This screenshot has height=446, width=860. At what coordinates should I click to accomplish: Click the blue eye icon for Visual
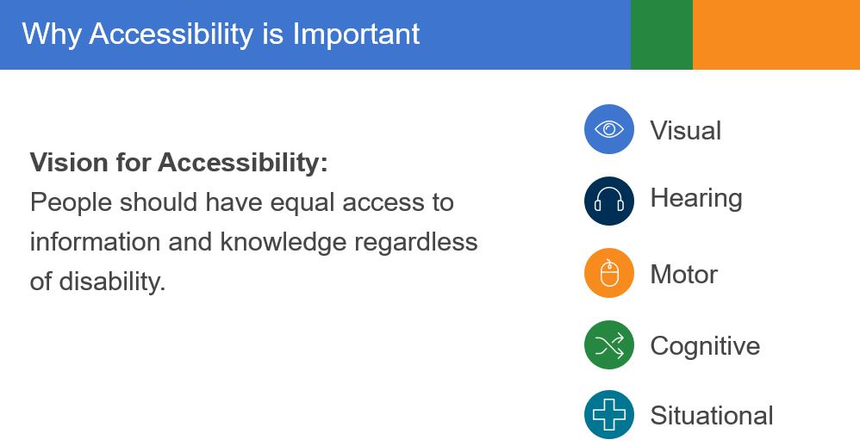pyautogui.click(x=609, y=129)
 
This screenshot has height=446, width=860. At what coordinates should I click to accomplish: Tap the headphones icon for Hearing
pyautogui.click(x=609, y=201)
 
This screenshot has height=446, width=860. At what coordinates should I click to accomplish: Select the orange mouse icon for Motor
pyautogui.click(x=609, y=273)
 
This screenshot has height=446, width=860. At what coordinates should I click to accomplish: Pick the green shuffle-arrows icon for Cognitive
pyautogui.click(x=609, y=345)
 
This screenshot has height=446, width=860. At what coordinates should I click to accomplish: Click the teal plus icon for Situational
pyautogui.click(x=609, y=415)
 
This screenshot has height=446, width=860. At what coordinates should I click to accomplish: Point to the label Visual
pyautogui.click(x=685, y=131)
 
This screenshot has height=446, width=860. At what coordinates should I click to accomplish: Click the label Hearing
pyautogui.click(x=695, y=199)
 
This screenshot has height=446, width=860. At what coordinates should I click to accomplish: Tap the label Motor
pyautogui.click(x=683, y=275)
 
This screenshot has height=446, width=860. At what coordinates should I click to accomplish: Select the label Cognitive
pyautogui.click(x=705, y=346)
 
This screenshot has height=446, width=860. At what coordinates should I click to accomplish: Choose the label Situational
pyautogui.click(x=711, y=416)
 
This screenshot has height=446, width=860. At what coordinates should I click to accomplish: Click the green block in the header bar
pyautogui.click(x=661, y=34)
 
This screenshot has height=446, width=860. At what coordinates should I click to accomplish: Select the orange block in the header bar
pyautogui.click(x=776, y=34)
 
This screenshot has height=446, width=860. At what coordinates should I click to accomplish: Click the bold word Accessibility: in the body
pyautogui.click(x=242, y=162)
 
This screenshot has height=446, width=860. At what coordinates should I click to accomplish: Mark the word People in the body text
pyautogui.click(x=71, y=203)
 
